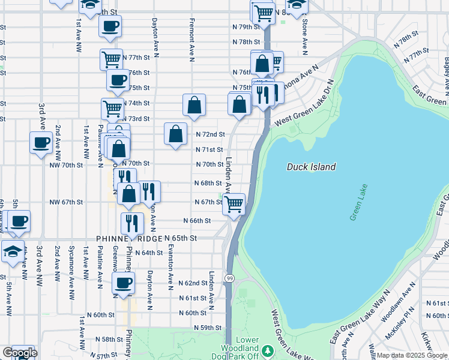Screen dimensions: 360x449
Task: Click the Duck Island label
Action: point(311,167)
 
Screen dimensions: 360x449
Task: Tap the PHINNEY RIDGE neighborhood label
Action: point(129,239)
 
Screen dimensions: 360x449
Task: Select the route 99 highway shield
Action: point(229,278)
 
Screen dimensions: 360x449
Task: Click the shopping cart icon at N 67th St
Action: point(234,203)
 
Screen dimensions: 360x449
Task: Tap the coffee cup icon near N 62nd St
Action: point(124,282)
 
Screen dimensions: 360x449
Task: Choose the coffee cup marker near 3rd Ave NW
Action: point(41,143)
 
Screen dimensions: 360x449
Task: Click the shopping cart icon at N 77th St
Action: point(112,59)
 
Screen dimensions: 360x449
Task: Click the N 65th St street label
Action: point(181,238)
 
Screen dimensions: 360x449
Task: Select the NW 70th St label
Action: point(65,164)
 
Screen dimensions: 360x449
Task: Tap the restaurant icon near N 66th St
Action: point(131,223)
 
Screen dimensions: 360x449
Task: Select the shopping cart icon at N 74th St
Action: point(112,108)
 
